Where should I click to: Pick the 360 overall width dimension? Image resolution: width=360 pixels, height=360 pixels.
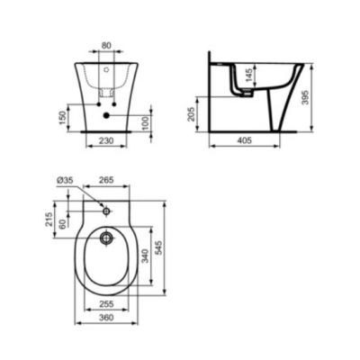[107, 319]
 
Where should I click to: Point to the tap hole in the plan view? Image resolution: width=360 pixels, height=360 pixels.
[107, 212]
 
